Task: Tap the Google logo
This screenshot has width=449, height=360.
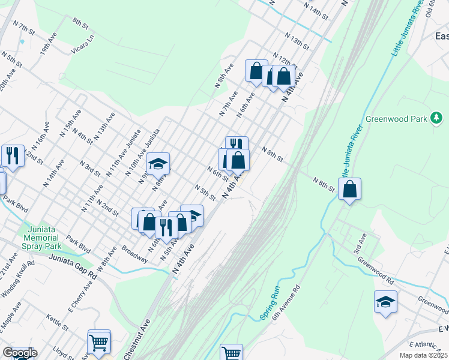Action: pos(19,353)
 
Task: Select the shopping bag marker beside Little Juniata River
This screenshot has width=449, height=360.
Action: pos(349,190)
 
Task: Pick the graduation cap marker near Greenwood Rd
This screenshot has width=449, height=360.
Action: pos(385,302)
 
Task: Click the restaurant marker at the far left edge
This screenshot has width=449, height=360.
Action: pos(13,156)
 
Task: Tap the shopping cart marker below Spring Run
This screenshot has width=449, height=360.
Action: pos(231,353)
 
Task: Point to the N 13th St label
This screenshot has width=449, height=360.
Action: pos(297,43)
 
